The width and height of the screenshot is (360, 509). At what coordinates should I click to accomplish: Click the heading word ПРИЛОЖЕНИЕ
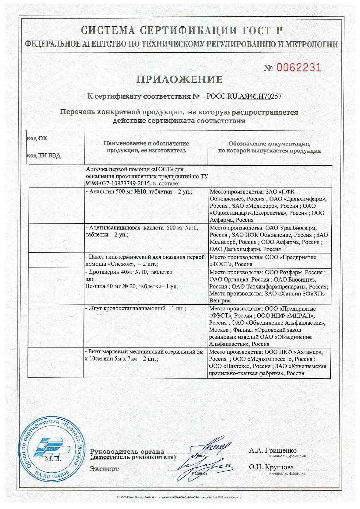pyautogui.click(x=180, y=79)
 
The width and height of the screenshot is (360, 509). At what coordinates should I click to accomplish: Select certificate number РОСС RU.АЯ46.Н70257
pyautogui.click(x=244, y=96)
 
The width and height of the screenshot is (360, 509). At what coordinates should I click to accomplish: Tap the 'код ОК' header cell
pyautogui.click(x=37, y=139)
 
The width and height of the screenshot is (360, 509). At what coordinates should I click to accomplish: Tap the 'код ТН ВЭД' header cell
pyautogui.click(x=44, y=156)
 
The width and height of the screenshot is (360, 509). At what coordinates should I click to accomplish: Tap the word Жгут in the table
pyautogui.click(x=96, y=308)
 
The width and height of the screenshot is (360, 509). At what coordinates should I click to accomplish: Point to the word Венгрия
pyautogui.click(x=220, y=301)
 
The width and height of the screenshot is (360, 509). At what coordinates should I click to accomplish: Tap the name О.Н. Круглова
pyautogui.click(x=271, y=467)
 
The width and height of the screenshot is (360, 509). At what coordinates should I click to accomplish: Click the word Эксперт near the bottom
pyautogui.click(x=104, y=469)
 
